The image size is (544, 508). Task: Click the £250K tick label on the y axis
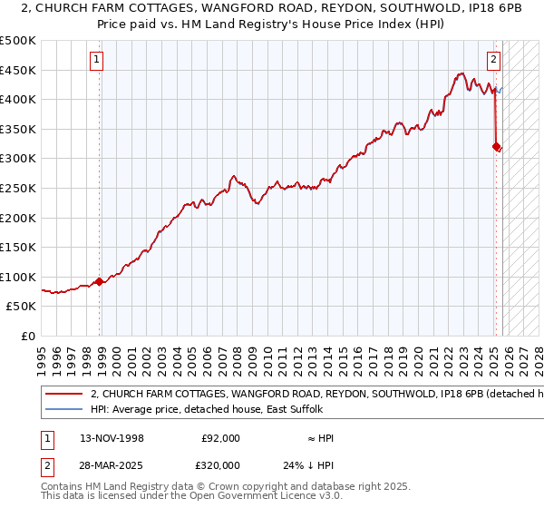[18, 188]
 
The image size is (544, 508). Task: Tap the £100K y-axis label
[18, 277]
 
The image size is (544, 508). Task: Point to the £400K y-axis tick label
[18, 99]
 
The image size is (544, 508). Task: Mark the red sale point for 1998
[100, 281]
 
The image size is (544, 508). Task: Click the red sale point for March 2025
[496, 146]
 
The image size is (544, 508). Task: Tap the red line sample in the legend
[63, 395]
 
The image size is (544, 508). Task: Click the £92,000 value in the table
[220, 438]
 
